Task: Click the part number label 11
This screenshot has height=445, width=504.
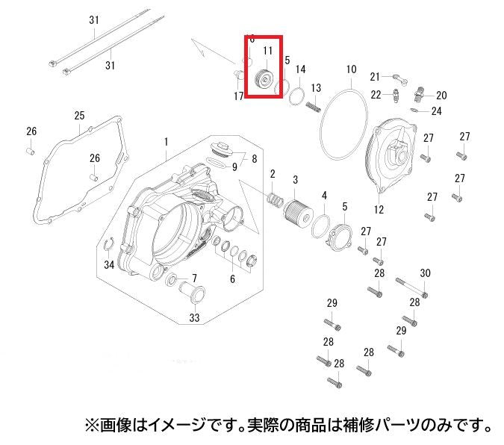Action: [x=268, y=51]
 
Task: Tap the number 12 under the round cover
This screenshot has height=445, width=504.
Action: [x=379, y=210]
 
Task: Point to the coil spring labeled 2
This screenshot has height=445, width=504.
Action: [x=275, y=199]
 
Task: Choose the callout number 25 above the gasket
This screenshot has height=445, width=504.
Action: [x=79, y=116]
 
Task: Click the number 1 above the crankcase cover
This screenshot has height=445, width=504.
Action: [x=167, y=142]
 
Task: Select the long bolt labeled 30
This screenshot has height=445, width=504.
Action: [x=411, y=287]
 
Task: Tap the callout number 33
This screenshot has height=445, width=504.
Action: [x=194, y=317]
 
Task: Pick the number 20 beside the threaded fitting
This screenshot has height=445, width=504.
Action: [x=441, y=95]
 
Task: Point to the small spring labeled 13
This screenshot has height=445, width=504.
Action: [x=314, y=107]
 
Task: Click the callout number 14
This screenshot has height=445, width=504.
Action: [x=301, y=69]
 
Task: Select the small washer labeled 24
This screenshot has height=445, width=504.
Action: [x=415, y=110]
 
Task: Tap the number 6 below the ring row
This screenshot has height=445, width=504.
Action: [x=232, y=279]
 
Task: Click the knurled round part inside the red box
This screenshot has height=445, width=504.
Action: [x=264, y=79]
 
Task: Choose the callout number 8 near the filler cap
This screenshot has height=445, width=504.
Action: [x=255, y=158]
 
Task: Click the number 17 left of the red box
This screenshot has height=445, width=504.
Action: [x=238, y=96]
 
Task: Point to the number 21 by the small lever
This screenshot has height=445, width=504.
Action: [x=375, y=77]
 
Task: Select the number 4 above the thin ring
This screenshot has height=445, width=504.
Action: [x=324, y=195]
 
